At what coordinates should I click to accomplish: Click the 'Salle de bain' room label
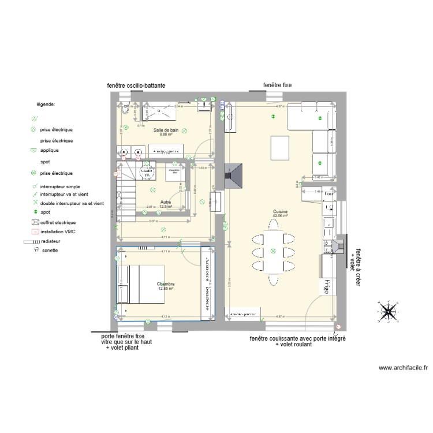(166, 130)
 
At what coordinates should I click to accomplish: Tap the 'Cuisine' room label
(281, 212)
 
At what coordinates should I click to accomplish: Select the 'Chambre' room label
(166, 284)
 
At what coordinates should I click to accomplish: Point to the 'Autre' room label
(166, 202)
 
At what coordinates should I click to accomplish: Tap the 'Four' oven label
(329, 194)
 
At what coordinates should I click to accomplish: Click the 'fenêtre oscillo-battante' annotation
(136, 85)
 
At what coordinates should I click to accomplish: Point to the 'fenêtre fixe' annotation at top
(277, 85)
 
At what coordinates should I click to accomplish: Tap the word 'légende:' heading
(46, 104)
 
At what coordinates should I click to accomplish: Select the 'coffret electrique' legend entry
(58, 222)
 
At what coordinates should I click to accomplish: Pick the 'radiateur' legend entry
(49, 241)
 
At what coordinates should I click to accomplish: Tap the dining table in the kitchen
(273, 252)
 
